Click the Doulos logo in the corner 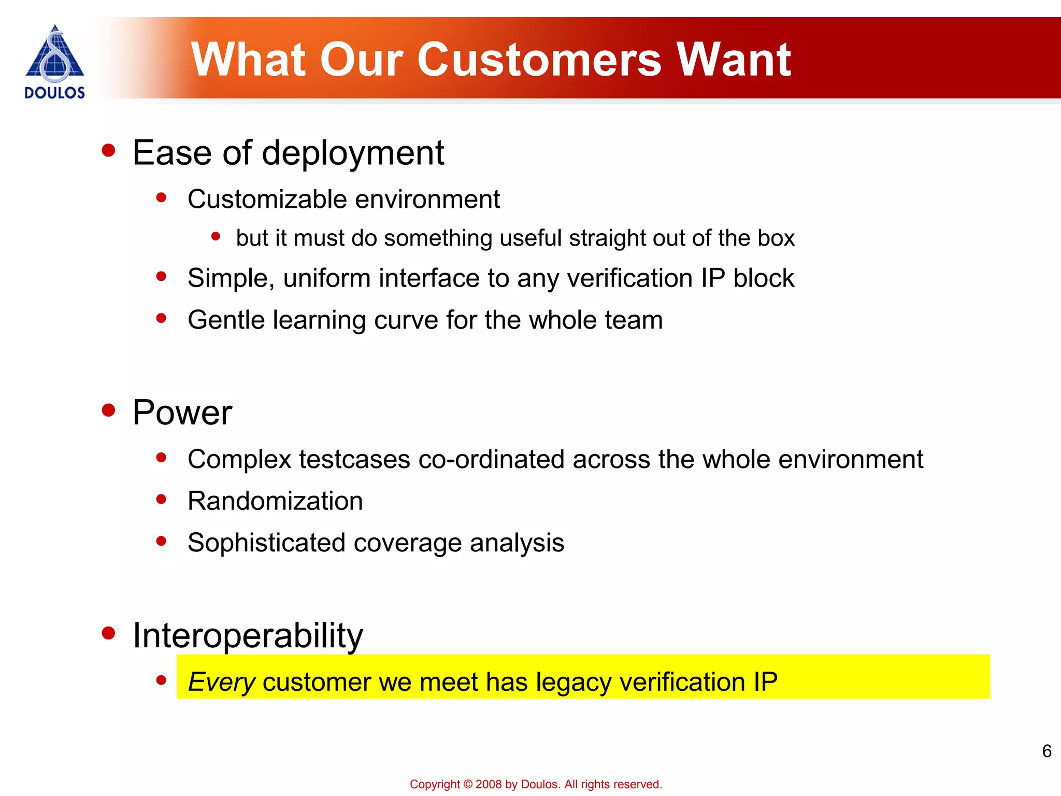tap(54, 61)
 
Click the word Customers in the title tap(539, 60)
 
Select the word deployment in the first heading tap(353, 154)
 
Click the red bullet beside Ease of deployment tap(108, 151)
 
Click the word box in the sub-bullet tap(776, 238)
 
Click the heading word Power tap(182, 413)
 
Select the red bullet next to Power tap(108, 410)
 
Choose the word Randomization tap(275, 501)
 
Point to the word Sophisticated tap(266, 543)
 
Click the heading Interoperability tap(248, 636)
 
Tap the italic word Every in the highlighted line tap(221, 682)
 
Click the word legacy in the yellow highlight tap(573, 682)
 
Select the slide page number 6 tap(1046, 751)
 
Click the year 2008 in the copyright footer tap(489, 785)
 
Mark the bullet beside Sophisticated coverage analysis tap(161, 541)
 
